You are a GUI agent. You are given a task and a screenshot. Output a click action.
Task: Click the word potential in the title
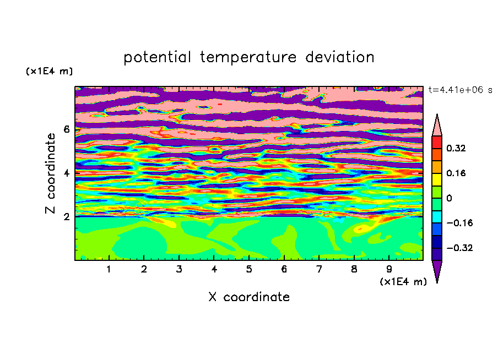157,57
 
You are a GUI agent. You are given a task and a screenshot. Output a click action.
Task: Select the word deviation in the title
340,57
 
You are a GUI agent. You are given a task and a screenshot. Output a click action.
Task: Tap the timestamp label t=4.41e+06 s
460,90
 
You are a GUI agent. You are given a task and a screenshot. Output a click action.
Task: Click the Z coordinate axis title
51,173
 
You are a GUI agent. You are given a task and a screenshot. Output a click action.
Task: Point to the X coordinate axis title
249,297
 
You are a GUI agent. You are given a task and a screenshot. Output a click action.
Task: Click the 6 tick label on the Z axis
66,129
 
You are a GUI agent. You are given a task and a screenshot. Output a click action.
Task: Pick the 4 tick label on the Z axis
66,173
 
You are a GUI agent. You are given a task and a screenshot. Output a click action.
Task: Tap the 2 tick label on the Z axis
66,217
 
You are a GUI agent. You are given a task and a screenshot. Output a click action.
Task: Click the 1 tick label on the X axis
109,269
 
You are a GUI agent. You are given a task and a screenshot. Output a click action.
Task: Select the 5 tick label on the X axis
249,269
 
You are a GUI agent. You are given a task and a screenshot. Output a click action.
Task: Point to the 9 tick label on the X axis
389,269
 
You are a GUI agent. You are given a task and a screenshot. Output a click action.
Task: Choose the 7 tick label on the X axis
319,269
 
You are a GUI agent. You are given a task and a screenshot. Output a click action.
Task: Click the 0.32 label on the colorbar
456,148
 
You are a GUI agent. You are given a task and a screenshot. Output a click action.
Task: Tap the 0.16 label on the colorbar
456,173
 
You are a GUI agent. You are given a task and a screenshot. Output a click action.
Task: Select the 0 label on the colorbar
449,198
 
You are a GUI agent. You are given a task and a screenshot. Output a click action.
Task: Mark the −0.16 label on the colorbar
459,223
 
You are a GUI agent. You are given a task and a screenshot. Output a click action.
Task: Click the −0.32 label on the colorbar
459,248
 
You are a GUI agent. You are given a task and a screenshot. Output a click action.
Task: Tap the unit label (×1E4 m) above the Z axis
49,71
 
